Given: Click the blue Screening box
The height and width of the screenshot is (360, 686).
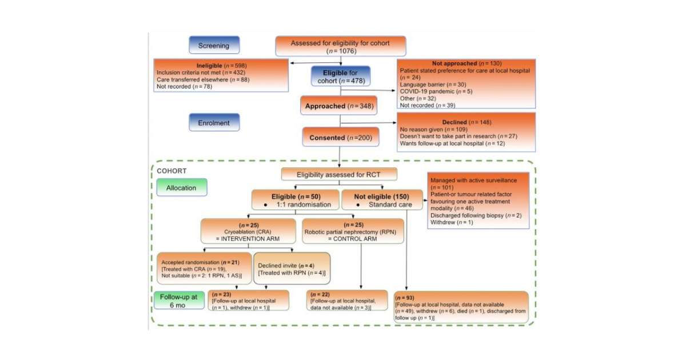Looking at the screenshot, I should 214,45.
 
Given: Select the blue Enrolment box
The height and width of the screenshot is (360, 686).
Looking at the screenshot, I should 214,122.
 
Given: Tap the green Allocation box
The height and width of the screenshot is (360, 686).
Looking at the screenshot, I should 182,187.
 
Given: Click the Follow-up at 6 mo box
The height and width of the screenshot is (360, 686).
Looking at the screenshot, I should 178,301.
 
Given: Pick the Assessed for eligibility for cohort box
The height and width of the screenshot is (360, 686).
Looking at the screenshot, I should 341,46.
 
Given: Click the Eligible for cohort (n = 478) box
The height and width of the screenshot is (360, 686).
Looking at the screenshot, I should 341,76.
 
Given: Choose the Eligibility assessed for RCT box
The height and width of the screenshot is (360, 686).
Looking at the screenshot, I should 338,174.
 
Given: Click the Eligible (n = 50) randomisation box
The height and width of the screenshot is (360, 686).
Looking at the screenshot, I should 294,199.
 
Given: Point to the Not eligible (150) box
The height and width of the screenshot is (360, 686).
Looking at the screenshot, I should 377,199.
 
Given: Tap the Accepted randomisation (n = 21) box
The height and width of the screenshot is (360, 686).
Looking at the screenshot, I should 203,268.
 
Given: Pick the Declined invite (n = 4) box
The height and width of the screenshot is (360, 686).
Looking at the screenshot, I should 292,269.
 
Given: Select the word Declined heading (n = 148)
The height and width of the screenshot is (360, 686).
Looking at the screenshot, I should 454,122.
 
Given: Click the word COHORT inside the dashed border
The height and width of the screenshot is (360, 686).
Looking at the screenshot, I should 171,171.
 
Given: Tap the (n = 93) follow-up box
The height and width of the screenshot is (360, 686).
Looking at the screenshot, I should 461,307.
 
